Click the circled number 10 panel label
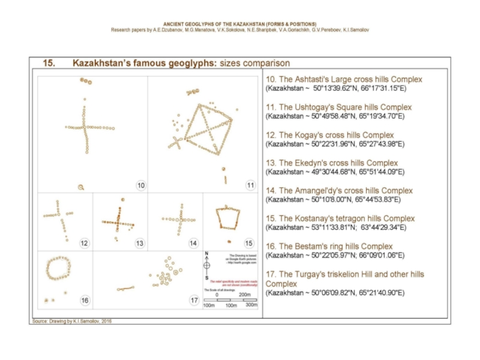coord(140,185)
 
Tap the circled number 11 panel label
coord(251,185)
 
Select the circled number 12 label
coord(84,243)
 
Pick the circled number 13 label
coord(140,243)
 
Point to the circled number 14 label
coord(193,243)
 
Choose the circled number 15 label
coord(249,243)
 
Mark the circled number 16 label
coord(85,300)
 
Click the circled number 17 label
coord(194,300)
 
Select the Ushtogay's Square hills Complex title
coord(338,107)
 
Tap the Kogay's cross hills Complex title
coord(329,135)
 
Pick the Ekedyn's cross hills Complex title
coord(331,163)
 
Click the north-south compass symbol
coord(206,265)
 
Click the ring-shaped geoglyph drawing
coord(59,268)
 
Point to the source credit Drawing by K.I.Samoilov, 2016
coord(71,321)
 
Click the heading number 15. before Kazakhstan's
coord(49,63)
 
